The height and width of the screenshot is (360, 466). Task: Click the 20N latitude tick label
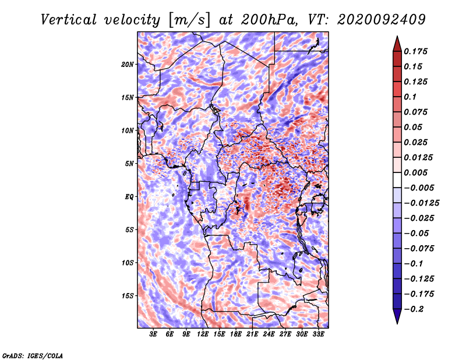[128, 65]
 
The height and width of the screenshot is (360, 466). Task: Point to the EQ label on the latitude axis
[129, 197]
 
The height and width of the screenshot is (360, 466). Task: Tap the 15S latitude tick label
[128, 296]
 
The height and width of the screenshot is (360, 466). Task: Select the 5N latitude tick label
[129, 164]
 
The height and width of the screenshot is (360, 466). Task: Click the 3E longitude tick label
[153, 334]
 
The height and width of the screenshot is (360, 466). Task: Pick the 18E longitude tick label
[236, 334]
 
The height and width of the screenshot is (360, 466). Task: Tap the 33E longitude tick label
[318, 334]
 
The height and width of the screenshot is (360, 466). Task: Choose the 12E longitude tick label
[203, 334]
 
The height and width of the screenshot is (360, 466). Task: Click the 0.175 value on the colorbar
[415, 51]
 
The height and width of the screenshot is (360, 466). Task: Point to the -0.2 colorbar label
[414, 309]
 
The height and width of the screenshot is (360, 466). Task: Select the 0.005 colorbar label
[415, 172]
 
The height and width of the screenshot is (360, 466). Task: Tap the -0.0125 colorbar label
[421, 203]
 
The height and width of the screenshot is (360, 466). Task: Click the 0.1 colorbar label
[410, 97]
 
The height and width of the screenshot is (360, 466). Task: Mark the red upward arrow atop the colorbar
[397, 44]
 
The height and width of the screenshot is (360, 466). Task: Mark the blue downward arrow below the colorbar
[397, 316]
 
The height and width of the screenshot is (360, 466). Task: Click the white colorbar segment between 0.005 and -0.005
[397, 180]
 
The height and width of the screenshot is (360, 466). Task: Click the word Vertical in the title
[69, 20]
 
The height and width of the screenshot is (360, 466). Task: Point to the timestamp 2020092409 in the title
[382, 20]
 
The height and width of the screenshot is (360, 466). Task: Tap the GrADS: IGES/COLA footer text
[33, 355]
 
